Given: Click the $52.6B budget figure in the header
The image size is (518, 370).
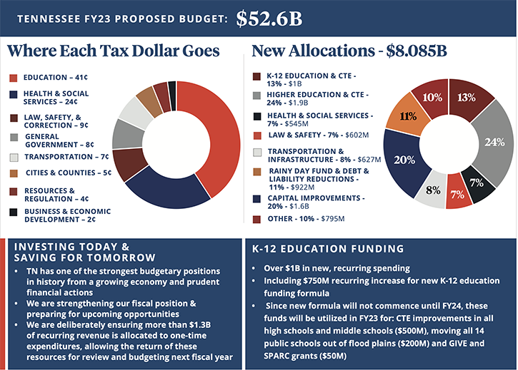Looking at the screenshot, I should pos(269,18).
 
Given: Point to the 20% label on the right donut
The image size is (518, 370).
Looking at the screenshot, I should pos(404,160).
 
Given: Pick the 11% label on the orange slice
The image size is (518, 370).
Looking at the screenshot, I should pos(408,116).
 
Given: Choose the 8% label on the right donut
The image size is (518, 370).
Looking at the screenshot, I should pos(433,190).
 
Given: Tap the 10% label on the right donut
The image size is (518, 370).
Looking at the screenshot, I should pos(432,98).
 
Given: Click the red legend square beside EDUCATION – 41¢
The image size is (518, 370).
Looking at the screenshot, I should pos(14,78).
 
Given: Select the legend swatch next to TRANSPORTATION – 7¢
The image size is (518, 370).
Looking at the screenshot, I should pos(14,157).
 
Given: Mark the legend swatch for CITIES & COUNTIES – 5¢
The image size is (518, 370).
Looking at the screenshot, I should pos(14,173).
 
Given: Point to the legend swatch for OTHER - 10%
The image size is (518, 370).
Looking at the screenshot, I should pos(257,219).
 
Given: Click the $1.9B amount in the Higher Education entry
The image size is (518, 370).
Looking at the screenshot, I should pos(301,103).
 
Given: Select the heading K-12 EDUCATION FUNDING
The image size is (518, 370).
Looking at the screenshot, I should pos(329,249).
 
